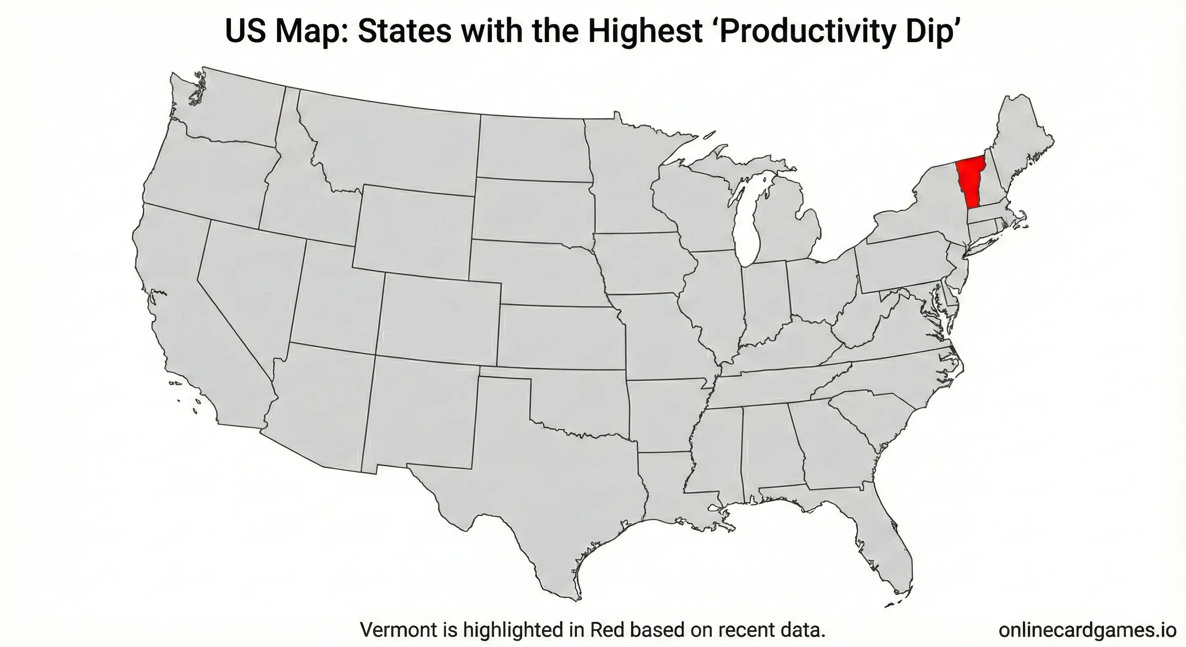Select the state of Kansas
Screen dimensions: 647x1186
(x=559, y=336)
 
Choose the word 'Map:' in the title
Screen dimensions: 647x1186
(x=313, y=31)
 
